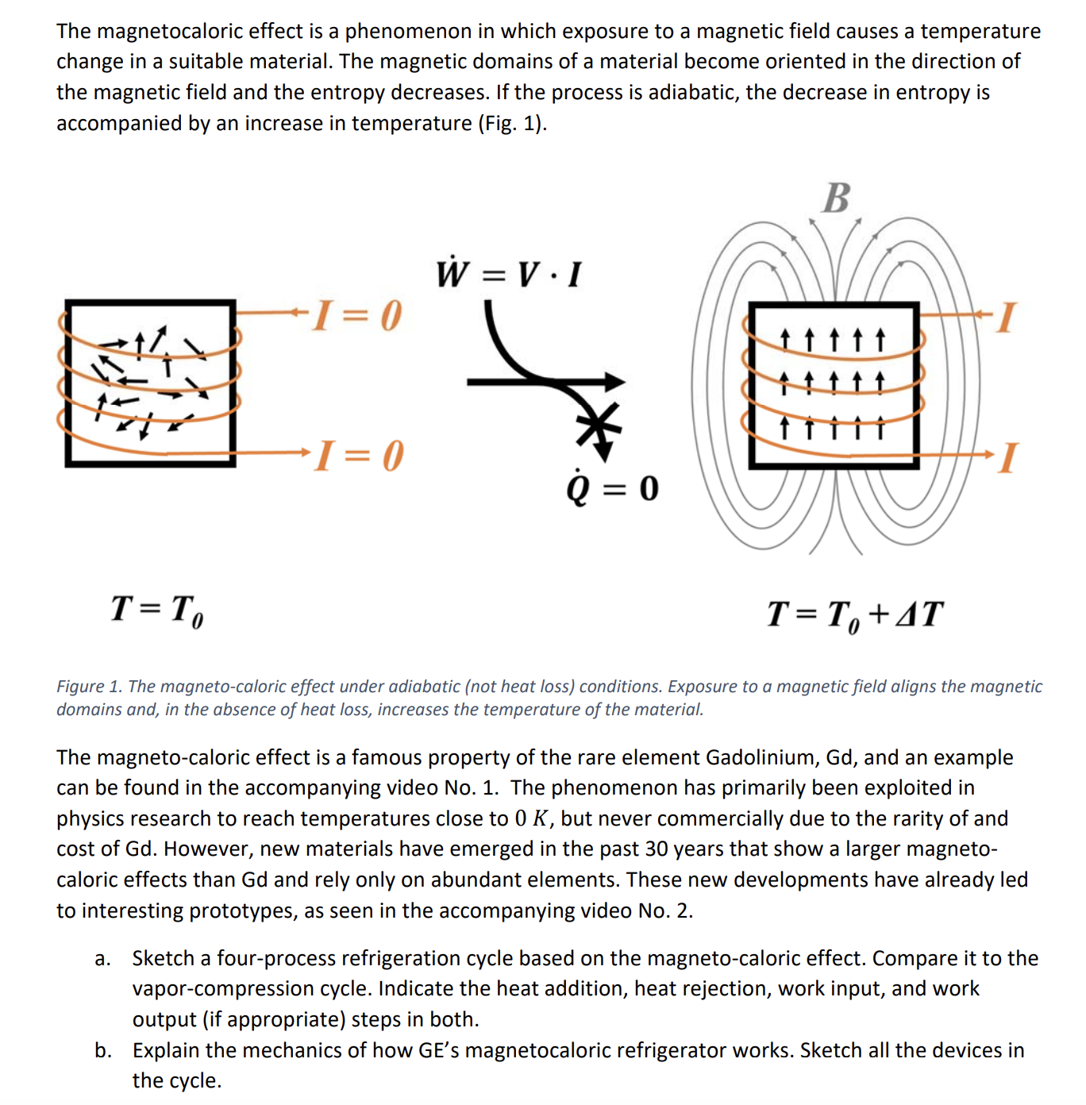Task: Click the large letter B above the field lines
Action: [x=836, y=198]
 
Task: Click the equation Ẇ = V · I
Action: [x=509, y=274]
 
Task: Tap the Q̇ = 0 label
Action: [x=612, y=487]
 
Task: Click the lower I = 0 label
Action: [x=359, y=456]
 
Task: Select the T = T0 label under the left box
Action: [x=157, y=610]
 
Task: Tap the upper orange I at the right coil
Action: [x=1006, y=317]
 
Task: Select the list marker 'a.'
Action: [x=102, y=959]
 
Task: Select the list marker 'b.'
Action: [x=102, y=1051]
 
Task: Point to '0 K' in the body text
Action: [x=532, y=818]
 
